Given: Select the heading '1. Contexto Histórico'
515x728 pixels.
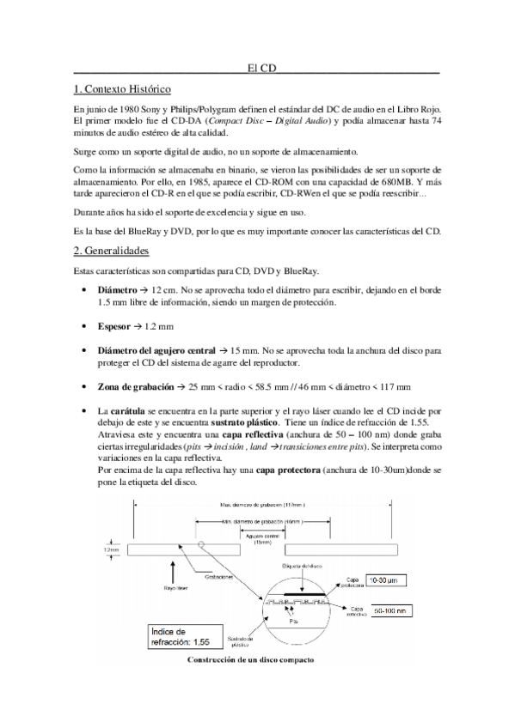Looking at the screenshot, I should [123, 89].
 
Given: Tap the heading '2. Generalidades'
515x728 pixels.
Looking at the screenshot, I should [112, 251].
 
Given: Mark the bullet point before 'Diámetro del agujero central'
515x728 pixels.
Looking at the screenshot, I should [83, 351].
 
